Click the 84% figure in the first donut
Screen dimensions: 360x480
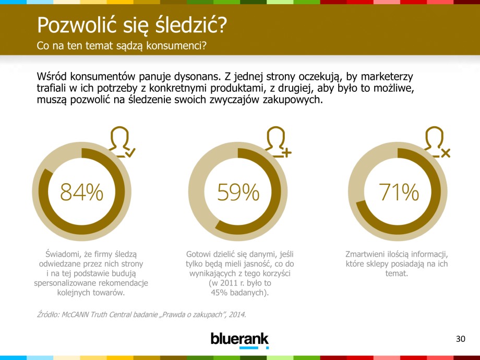pyautogui.click(x=81, y=193)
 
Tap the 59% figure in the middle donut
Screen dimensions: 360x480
pyautogui.click(x=238, y=193)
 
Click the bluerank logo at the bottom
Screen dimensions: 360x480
pyautogui.click(x=239, y=339)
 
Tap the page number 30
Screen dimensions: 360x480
pyautogui.click(x=460, y=340)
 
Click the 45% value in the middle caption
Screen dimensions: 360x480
pyautogui.click(x=220, y=293)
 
